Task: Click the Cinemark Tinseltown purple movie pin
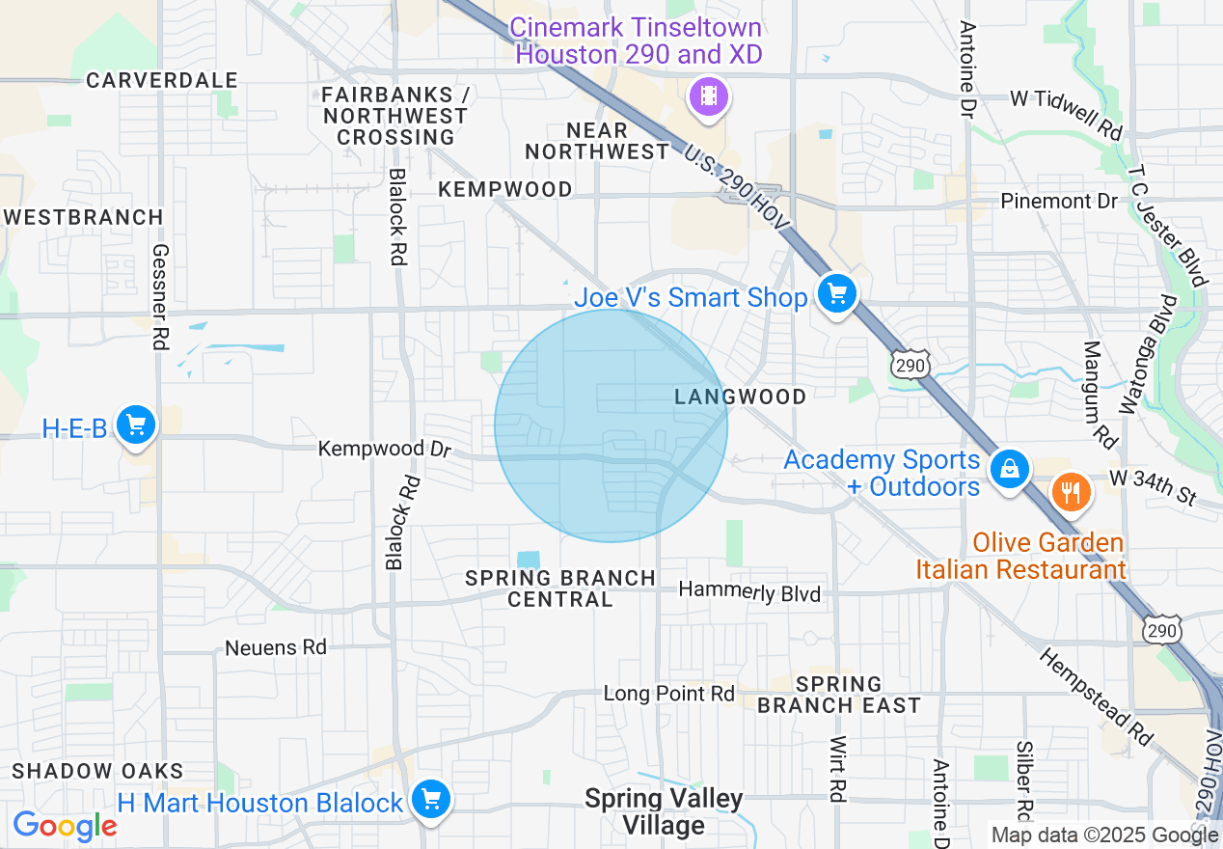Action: tap(709, 96)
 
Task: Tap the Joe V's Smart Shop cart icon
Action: tap(836, 292)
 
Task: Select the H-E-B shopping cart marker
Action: tap(136, 424)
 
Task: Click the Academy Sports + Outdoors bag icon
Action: tap(1009, 470)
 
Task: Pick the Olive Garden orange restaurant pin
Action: tap(1070, 492)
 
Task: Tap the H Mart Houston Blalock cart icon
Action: tap(430, 799)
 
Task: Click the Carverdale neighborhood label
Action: tap(162, 80)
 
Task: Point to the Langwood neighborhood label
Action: tap(740, 397)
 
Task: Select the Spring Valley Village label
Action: tap(664, 811)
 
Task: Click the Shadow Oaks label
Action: tap(97, 771)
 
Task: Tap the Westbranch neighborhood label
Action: tap(83, 217)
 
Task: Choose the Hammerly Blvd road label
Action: tap(749, 591)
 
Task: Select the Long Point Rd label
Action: tap(668, 694)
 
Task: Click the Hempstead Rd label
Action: tap(1098, 696)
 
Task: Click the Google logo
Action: tap(65, 826)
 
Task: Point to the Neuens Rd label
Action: tap(276, 647)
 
